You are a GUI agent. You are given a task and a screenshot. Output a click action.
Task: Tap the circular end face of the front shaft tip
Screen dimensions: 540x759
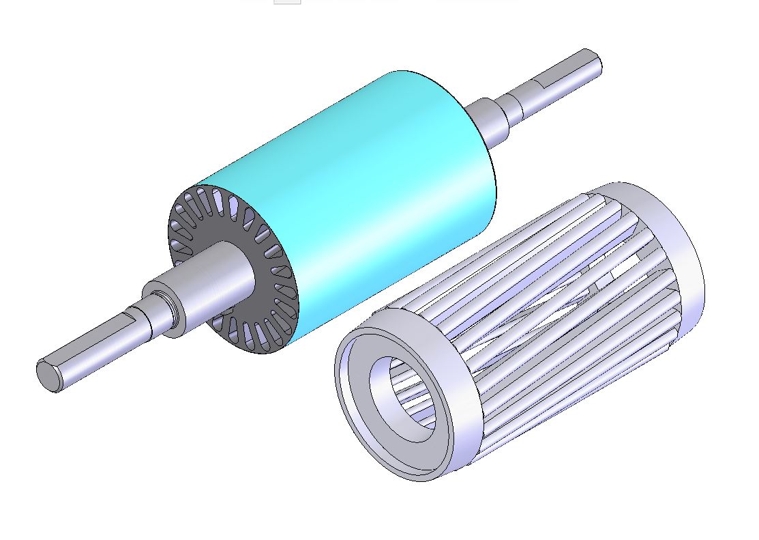pyautogui.click(x=48, y=375)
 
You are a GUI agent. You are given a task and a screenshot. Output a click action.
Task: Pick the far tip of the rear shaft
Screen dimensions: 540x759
pyautogui.click(x=593, y=62)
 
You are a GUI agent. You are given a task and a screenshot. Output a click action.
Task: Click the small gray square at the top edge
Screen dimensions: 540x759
pyautogui.click(x=287, y=2)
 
